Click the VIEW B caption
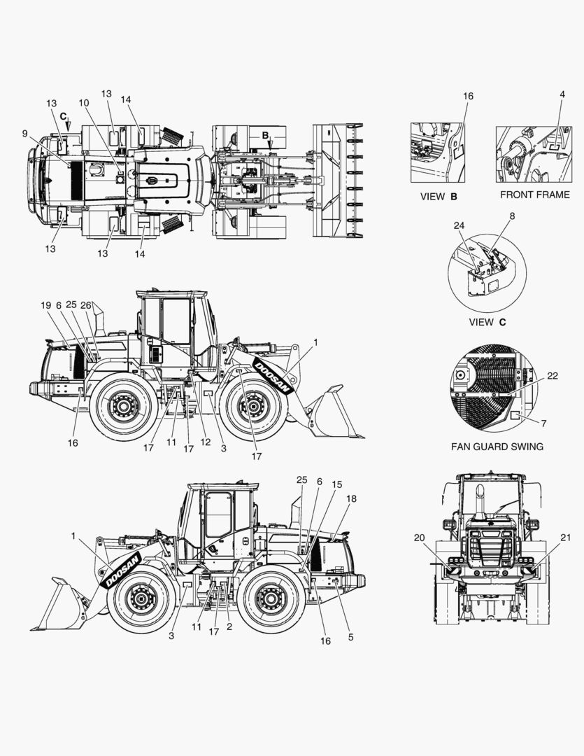click(439, 197)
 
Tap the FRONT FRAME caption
click(535, 195)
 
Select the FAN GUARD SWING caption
click(497, 447)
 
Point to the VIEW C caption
click(487, 322)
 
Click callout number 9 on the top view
click(24, 134)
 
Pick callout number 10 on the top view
click(84, 103)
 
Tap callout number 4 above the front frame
click(562, 94)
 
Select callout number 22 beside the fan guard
click(553, 376)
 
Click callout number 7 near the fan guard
click(544, 423)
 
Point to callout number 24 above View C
click(459, 225)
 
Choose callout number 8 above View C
click(512, 216)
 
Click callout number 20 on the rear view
click(419, 538)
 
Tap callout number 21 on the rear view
click(566, 538)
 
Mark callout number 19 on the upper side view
click(45, 305)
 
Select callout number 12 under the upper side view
click(206, 442)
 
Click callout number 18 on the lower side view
click(352, 498)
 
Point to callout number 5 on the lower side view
click(351, 637)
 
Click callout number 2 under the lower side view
click(229, 626)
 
